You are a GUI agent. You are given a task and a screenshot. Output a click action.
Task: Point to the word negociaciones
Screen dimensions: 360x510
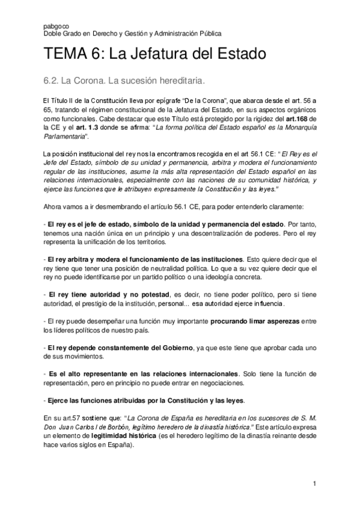[215, 382]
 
